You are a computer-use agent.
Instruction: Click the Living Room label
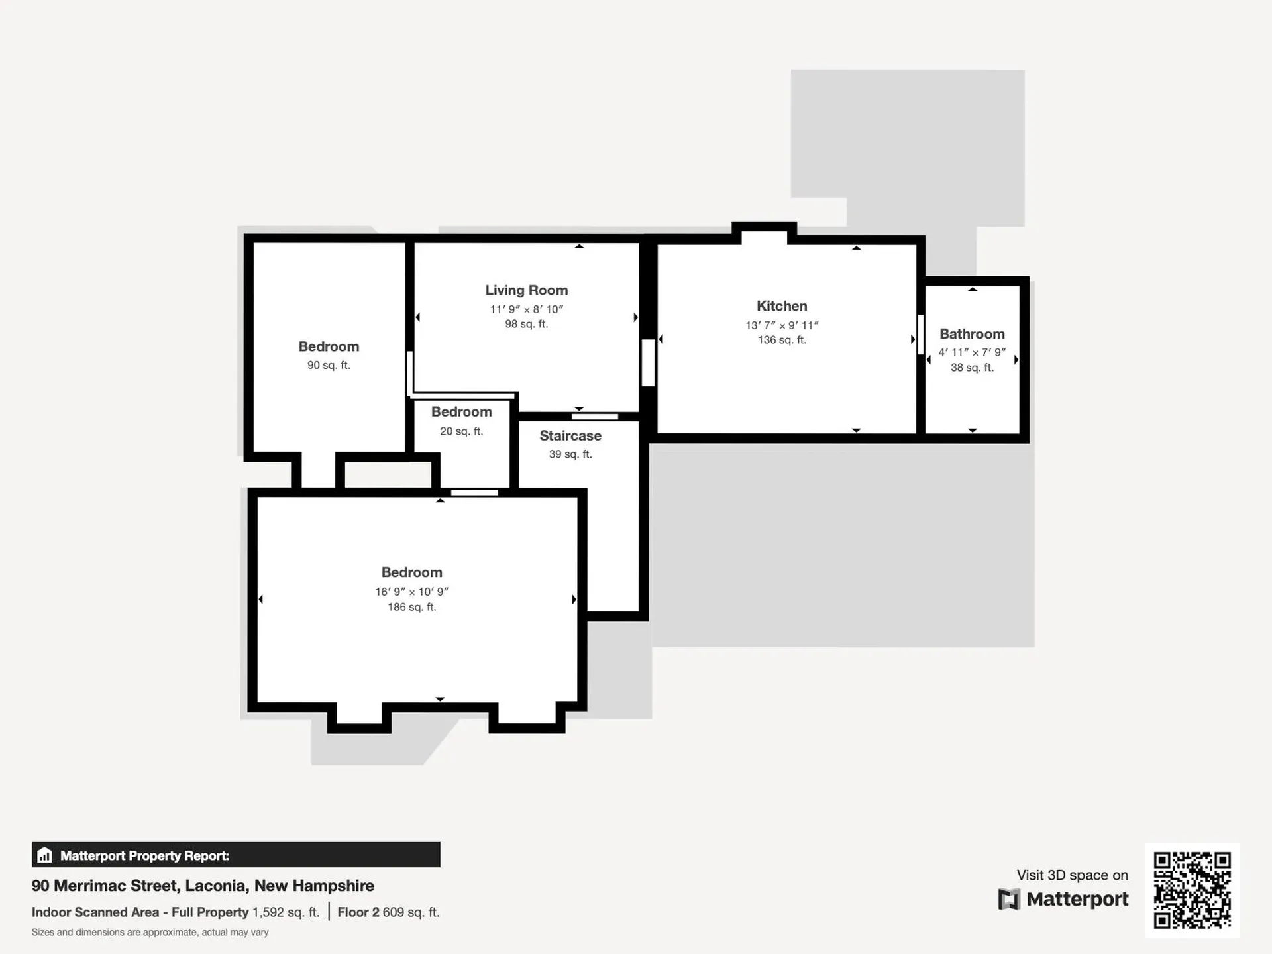coord(526,290)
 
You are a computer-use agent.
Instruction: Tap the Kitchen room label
coord(782,306)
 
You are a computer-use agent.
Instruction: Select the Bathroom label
coord(972,334)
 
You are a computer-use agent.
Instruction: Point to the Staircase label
coord(570,436)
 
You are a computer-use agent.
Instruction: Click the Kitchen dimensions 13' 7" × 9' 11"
coord(782,325)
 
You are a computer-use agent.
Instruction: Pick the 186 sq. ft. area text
coord(412,607)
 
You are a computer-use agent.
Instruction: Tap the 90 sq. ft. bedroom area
coord(329,365)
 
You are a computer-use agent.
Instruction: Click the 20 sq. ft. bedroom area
coord(462,431)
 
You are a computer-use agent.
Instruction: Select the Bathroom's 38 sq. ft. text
coord(972,368)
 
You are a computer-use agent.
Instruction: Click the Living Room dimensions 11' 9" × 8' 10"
coord(527,309)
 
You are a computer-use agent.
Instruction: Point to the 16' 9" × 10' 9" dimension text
coord(412,592)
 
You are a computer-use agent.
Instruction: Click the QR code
coord(1192,890)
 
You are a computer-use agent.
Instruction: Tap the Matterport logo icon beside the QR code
coord(1009,900)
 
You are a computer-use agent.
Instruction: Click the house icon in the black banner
coord(44,855)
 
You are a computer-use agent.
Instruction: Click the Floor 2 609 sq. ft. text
coord(388,912)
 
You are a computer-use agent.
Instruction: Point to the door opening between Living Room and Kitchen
coord(649,362)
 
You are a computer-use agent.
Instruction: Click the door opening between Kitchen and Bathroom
coord(921,335)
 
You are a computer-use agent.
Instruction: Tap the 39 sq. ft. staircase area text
coord(570,454)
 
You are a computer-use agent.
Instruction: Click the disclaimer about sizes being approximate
coord(150,933)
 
